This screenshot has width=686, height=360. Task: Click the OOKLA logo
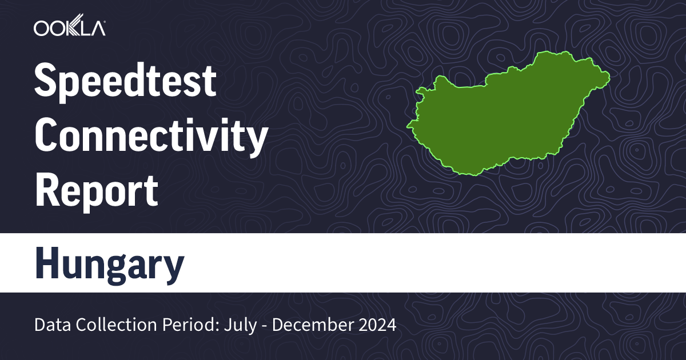[x=69, y=28]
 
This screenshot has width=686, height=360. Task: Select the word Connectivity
[x=151, y=137]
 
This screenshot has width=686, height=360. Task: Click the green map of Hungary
[x=503, y=114]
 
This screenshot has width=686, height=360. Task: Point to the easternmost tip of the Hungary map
[x=609, y=75]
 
